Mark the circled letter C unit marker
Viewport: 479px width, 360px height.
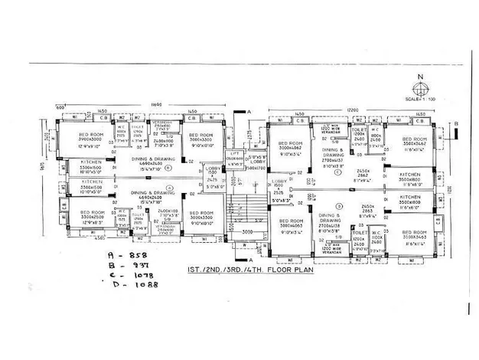[x=337, y=172]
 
